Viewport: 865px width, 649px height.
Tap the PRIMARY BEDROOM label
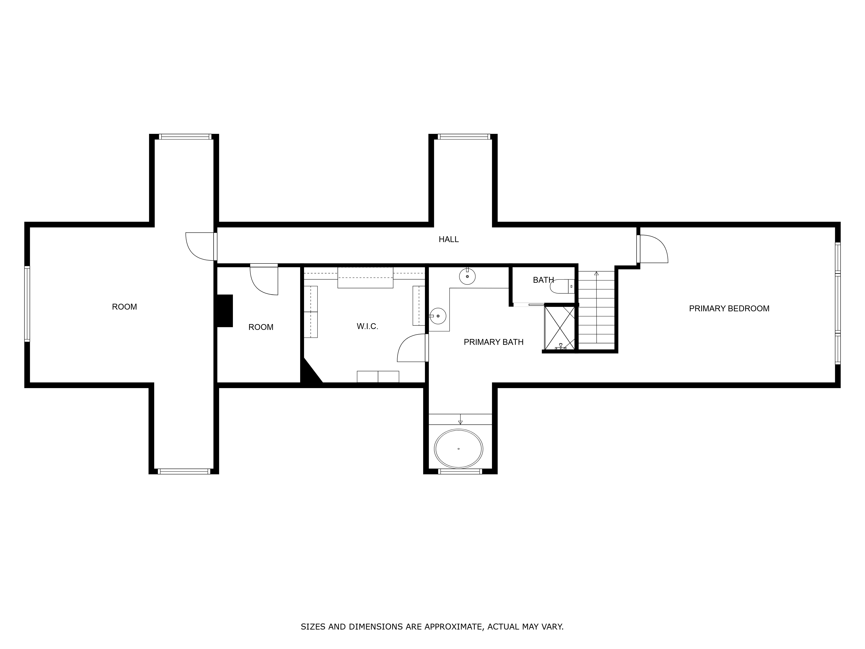(x=729, y=309)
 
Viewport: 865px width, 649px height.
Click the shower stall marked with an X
(x=560, y=328)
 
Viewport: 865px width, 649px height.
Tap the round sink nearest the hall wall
(x=467, y=276)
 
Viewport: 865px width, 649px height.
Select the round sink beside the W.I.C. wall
(x=438, y=316)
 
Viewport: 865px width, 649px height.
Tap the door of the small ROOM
(x=264, y=280)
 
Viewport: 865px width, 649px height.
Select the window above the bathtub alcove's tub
(x=460, y=471)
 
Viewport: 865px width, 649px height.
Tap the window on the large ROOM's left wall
(x=27, y=304)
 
